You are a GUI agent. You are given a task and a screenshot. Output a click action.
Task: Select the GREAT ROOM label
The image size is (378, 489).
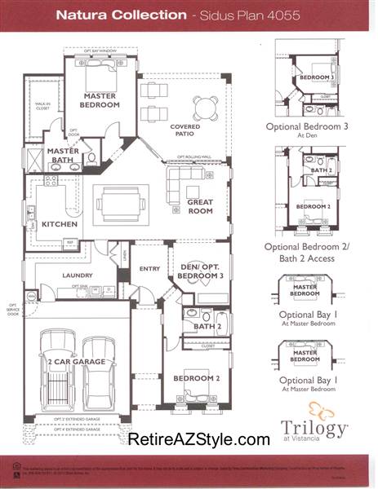coord(199,207)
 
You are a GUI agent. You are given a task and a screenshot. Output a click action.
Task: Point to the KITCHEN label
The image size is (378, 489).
coord(60,224)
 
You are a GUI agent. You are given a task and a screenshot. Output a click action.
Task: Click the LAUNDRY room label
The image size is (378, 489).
coord(76,275)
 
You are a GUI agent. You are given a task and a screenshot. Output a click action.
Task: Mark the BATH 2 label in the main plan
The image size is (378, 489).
coord(208,327)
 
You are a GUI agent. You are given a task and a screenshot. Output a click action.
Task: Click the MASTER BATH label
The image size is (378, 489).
coord(63,156)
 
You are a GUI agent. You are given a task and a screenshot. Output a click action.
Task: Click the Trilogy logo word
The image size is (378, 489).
coord(314,426)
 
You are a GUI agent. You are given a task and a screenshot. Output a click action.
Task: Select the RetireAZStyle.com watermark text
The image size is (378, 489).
coord(198,439)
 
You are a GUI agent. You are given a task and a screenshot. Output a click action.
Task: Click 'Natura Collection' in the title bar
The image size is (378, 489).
coord(109,15)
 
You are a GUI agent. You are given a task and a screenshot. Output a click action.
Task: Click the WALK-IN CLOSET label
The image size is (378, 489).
coord(42,106)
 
